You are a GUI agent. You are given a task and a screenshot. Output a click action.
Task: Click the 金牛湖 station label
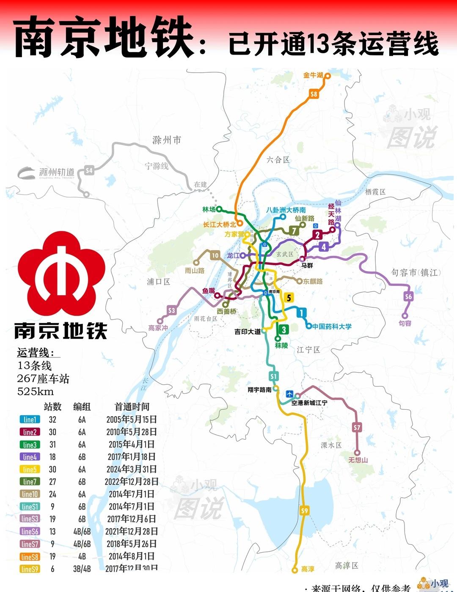tap(313, 75)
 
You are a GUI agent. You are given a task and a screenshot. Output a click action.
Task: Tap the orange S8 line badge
tap(314, 94)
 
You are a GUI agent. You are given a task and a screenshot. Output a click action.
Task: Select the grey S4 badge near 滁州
tap(89, 170)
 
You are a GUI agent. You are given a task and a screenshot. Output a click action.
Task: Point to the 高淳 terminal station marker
tap(295, 570)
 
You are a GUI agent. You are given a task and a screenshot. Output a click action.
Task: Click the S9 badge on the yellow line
tap(305, 511)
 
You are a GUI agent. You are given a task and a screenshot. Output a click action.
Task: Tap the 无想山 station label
tap(358, 460)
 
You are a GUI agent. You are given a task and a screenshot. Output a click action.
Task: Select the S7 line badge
tap(357, 428)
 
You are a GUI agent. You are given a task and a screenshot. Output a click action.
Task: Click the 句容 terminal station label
tap(405, 323)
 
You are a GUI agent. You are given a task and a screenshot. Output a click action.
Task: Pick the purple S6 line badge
tap(408, 296)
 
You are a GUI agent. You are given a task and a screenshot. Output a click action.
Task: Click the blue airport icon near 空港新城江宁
tap(289, 394)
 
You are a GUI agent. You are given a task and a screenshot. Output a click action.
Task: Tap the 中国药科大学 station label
tap(332, 326)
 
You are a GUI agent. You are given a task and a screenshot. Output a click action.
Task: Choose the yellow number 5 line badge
tap(289, 298)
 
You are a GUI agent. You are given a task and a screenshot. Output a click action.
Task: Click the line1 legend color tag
tap(30, 419)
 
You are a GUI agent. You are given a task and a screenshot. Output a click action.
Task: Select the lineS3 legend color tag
tap(30, 519)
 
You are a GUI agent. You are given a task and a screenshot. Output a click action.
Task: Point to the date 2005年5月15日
tap(132, 419)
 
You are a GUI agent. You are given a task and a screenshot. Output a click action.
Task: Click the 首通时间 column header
tap(132, 407)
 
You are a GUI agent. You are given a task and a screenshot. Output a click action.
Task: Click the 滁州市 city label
tap(167, 140)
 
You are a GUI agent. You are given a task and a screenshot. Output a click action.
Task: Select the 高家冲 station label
tap(158, 328)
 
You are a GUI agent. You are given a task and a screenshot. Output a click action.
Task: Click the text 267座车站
tap(43, 378)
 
